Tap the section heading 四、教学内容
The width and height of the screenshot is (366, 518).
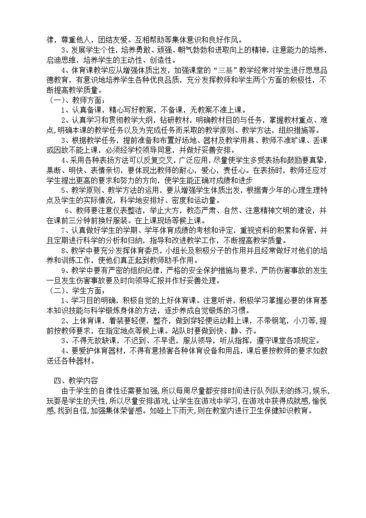pyautogui.click(x=75, y=381)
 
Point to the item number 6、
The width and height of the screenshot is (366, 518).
pyautogui.click(x=69, y=210)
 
